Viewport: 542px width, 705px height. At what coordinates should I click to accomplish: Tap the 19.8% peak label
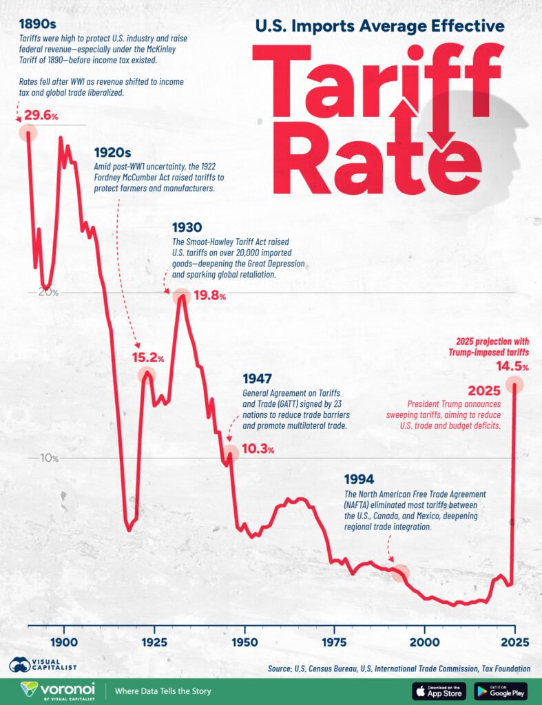click(209, 296)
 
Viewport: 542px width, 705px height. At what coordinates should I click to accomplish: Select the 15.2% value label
click(147, 358)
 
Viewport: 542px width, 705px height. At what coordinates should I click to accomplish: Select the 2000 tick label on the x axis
click(425, 642)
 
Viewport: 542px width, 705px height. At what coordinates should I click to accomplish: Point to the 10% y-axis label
click(48, 459)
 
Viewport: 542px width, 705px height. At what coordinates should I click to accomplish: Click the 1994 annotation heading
click(359, 479)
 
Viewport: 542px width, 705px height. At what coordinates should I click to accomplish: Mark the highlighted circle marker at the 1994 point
click(401, 572)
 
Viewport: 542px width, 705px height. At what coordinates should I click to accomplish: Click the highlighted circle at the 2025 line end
click(514, 385)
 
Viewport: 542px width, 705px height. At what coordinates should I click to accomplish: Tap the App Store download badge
click(439, 691)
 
